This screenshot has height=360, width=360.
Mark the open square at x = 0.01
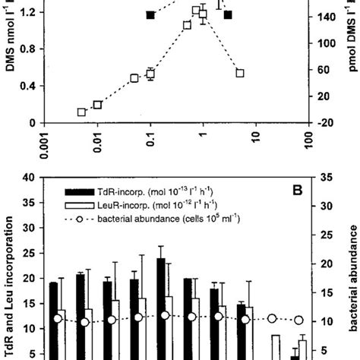pyautogui.click(x=97, y=105)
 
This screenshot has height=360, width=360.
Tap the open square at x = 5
pyautogui.click(x=240, y=73)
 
